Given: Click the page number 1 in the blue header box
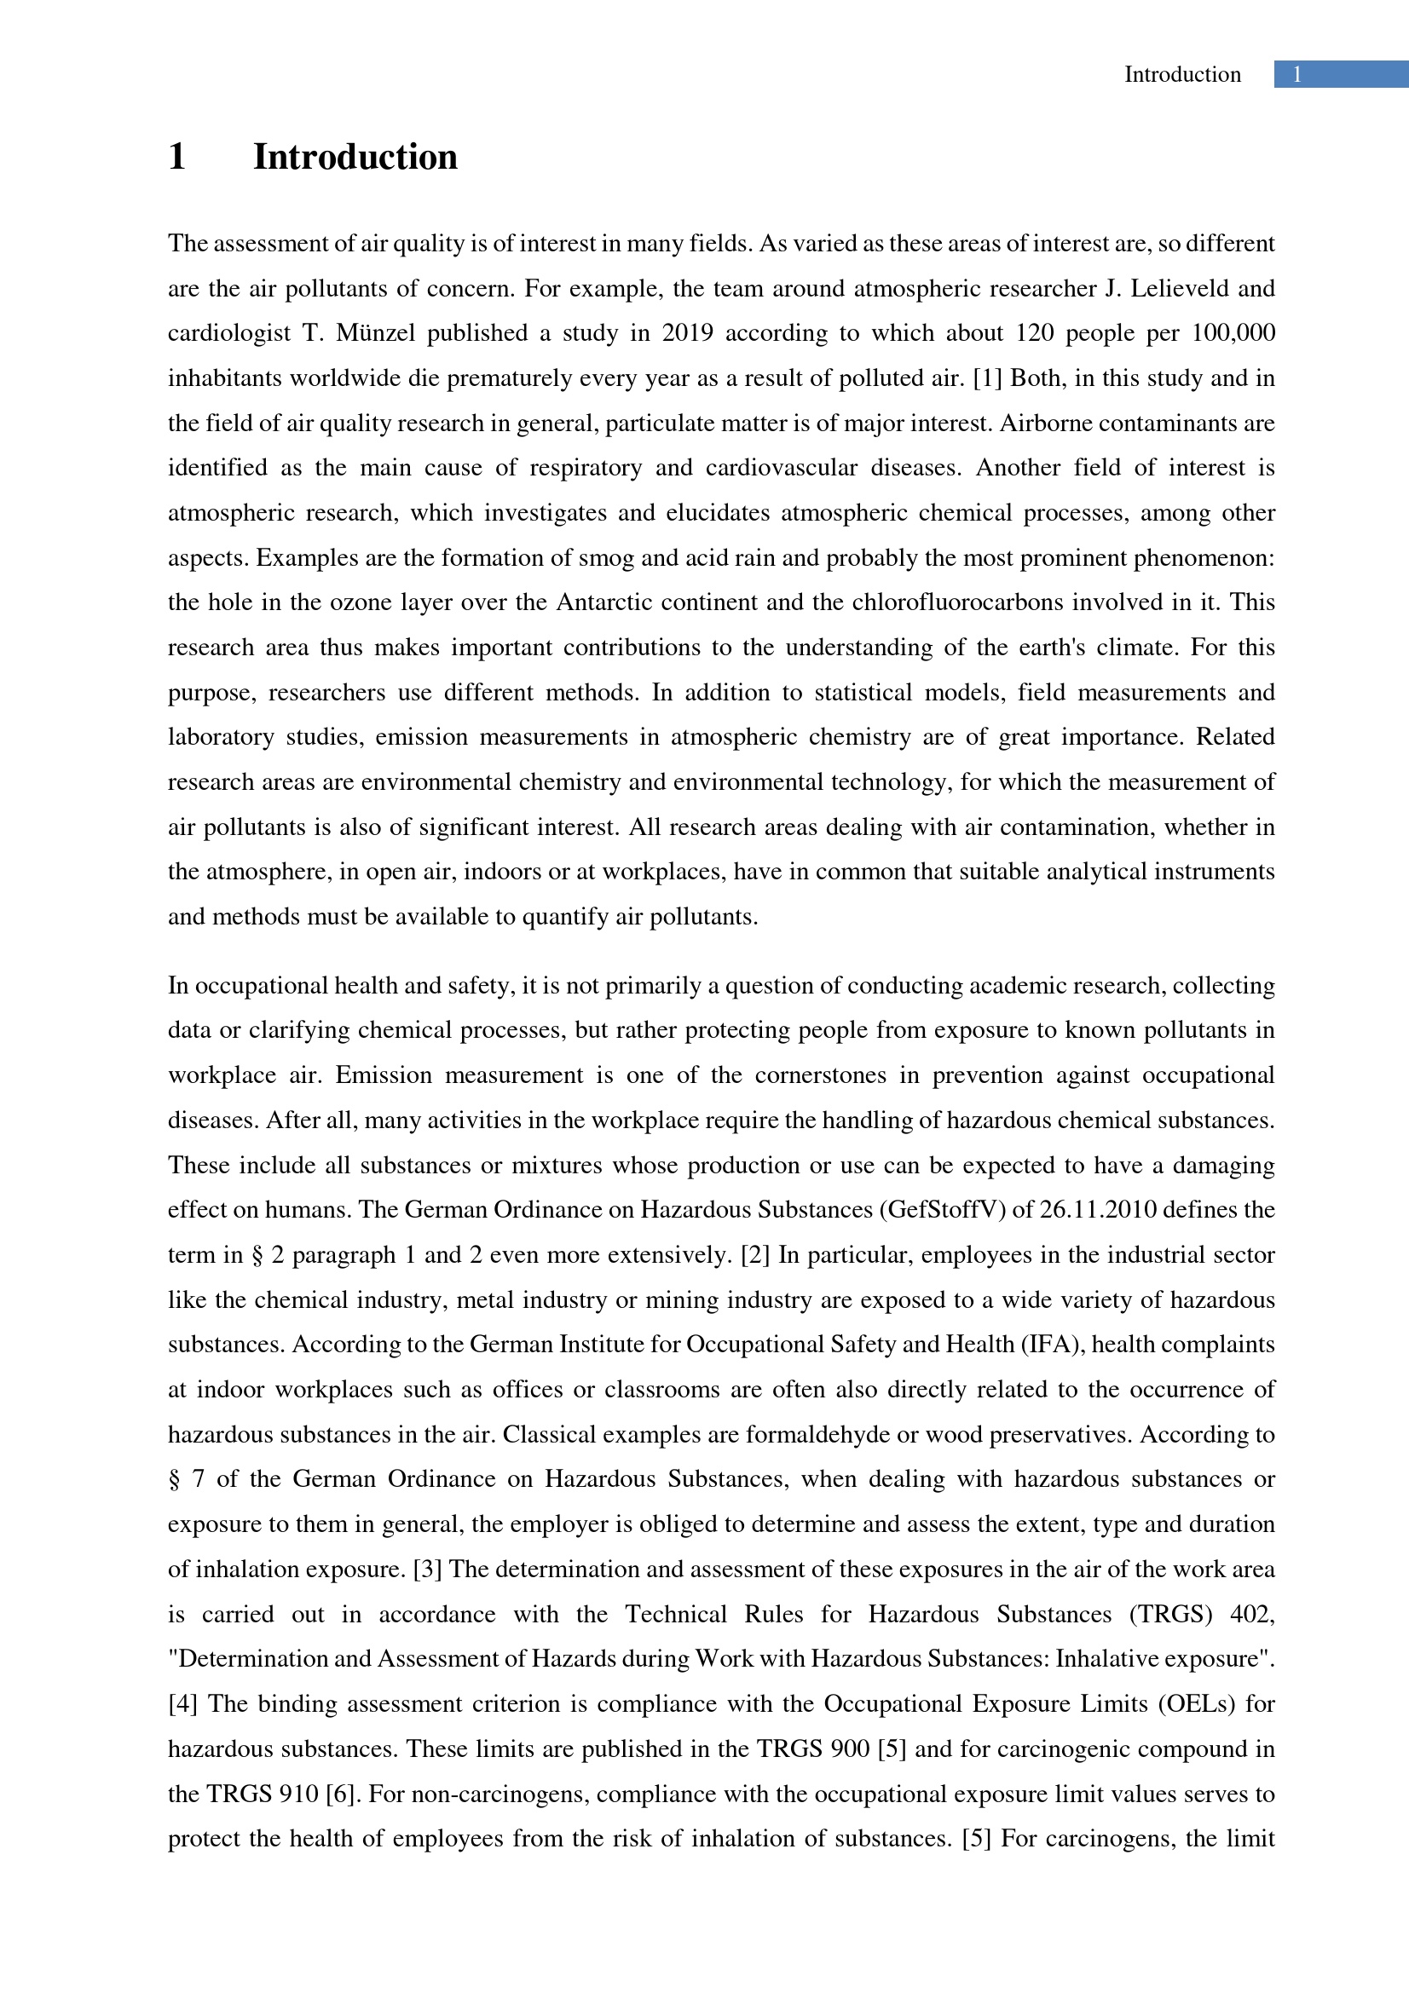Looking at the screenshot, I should [x=1296, y=75].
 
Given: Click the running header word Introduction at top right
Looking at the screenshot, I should [x=1182, y=75].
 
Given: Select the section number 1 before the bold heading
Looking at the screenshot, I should [x=177, y=157].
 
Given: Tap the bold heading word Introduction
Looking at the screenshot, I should [x=355, y=157].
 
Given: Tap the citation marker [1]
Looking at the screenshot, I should [x=987, y=378].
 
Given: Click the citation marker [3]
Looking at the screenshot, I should [x=427, y=1570].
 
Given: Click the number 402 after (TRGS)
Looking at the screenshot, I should [x=1251, y=1615].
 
